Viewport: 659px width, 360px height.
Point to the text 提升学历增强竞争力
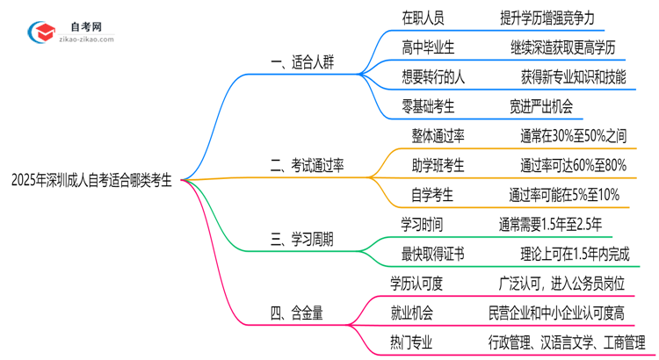tap(552, 16)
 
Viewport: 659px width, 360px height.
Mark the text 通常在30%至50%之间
tap(572, 135)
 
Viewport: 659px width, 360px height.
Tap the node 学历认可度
tap(416, 283)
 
